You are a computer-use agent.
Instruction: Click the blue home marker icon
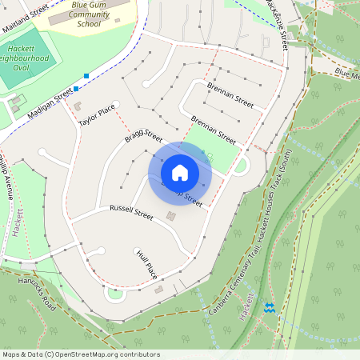pyautogui.click(x=180, y=172)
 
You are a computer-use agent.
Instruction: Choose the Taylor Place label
pyautogui.click(x=98, y=117)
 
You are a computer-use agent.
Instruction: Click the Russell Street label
pyautogui.click(x=130, y=214)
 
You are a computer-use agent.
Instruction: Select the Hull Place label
pyautogui.click(x=147, y=264)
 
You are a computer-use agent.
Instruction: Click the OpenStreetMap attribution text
pyautogui.click(x=80, y=354)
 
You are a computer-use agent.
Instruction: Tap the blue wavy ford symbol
pyautogui.click(x=269, y=308)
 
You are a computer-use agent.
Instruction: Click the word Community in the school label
pyautogui.click(x=90, y=14)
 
